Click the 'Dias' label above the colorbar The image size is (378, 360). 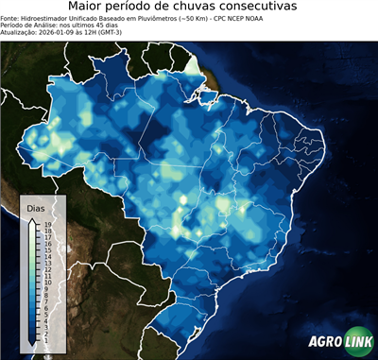35,207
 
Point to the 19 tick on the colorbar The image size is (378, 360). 46,225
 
